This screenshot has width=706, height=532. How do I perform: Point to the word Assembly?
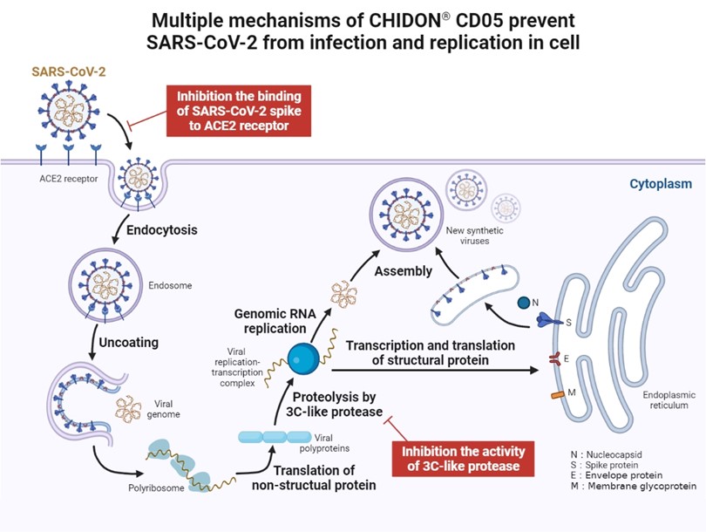(403, 271)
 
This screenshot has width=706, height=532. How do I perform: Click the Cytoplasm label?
(662, 184)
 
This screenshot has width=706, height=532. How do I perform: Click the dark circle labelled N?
(523, 303)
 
